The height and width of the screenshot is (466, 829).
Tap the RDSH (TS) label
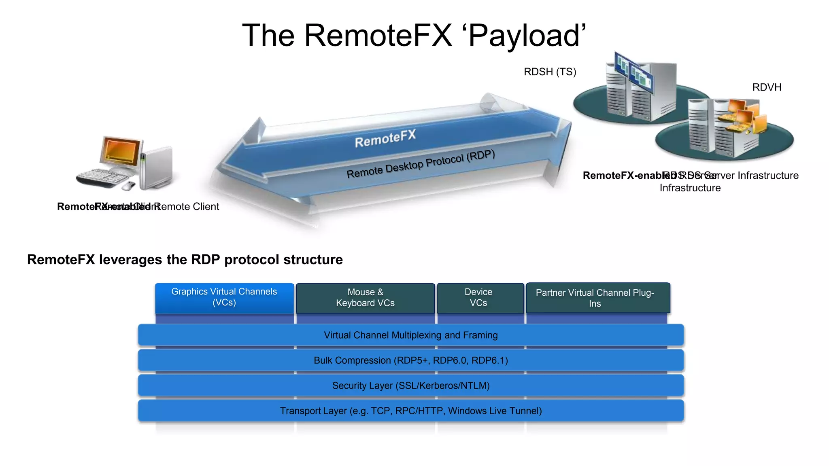(x=550, y=72)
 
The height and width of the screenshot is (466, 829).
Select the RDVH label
(x=766, y=87)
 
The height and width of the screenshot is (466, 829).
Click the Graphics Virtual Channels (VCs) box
(x=224, y=298)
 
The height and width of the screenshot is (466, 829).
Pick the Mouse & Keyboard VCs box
(x=365, y=298)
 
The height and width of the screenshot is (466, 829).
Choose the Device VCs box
(x=478, y=298)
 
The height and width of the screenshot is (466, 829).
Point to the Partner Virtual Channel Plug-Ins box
(x=595, y=298)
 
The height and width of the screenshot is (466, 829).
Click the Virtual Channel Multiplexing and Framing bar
(x=410, y=335)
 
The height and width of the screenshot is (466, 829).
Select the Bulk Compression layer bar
(x=410, y=360)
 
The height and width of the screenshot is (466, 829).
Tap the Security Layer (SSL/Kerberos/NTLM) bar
(x=410, y=386)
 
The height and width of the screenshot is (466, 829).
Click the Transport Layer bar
(x=410, y=411)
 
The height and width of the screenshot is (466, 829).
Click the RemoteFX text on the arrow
(x=385, y=139)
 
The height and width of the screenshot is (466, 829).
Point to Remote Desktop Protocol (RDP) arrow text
(x=421, y=164)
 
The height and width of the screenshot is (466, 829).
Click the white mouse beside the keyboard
(x=129, y=186)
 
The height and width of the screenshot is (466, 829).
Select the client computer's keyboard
(x=102, y=178)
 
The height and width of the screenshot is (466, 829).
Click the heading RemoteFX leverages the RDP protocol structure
(x=185, y=260)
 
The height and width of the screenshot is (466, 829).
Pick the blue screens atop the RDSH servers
(x=633, y=73)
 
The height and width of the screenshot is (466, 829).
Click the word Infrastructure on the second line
(x=690, y=188)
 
